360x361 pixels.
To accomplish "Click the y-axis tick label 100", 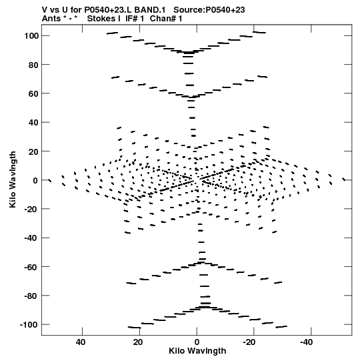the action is point(32,36).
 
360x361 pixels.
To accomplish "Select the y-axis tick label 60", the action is point(34,93).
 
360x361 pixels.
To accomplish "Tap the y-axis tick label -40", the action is point(32,238).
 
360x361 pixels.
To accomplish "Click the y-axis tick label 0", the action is point(36,180).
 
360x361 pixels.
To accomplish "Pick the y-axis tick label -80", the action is point(32,296).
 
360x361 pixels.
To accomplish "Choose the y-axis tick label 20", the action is point(34,151).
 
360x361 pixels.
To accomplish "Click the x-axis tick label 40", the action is point(81,342).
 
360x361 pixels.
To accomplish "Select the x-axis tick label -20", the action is point(249,342).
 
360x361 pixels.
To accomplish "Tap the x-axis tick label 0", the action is point(197,342).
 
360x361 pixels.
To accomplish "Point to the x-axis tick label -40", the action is point(307,342).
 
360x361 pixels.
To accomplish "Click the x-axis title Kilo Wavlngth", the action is point(197,351).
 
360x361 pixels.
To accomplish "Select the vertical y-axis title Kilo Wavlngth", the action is point(13,179).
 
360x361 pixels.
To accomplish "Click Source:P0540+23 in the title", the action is point(209,10).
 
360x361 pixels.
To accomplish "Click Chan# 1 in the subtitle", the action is point(166,19).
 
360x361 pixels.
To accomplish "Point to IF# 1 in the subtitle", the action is point(135,19).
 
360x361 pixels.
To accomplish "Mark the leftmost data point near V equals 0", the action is point(50,180).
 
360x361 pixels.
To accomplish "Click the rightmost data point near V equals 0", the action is point(344,179).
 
